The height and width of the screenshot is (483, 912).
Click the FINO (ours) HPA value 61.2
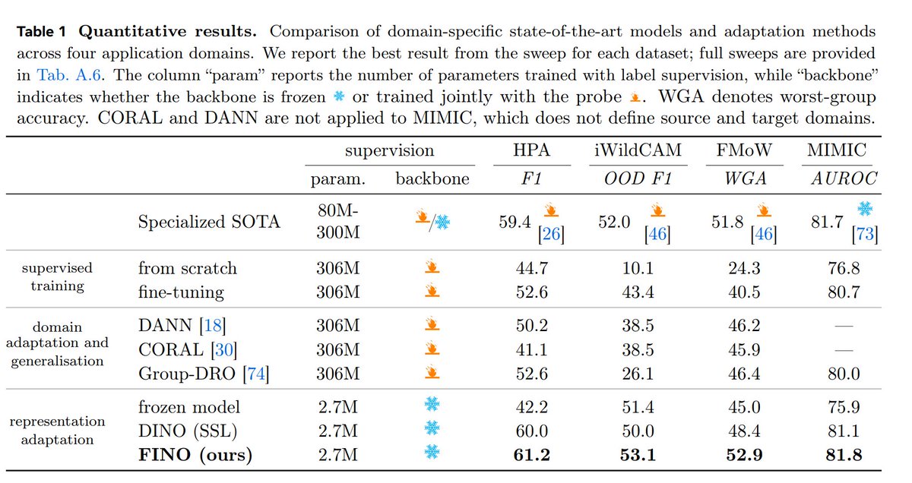532,454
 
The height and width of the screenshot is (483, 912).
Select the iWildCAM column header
638,150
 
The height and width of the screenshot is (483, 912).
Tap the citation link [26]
551,234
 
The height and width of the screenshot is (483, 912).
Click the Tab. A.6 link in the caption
68,75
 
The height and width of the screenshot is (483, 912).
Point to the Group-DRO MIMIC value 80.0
844,374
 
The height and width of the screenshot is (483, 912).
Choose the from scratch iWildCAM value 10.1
638,268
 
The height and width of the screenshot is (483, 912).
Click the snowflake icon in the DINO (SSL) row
432,428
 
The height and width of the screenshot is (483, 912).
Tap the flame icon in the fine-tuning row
432,291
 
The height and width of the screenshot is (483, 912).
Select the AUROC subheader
844,178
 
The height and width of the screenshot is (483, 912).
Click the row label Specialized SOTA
209,223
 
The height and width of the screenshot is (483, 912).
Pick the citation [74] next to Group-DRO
255,374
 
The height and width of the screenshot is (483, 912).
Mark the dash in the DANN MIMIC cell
844,326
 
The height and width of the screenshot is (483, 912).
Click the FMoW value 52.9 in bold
744,454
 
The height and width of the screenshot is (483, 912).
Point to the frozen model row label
189,407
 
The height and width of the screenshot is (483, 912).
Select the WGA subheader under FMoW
745,178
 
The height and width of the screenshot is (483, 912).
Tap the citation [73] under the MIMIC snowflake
865,234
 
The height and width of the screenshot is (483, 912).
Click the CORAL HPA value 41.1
532,349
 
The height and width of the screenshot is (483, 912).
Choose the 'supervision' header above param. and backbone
390,150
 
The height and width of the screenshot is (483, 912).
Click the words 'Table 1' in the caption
41,32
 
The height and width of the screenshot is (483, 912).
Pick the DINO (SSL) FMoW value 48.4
744,431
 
